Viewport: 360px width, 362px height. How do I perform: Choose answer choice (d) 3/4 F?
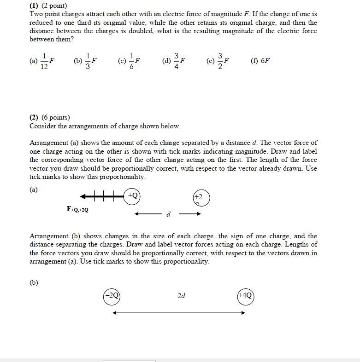[x=174, y=61]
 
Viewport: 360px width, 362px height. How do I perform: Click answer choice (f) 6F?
[x=260, y=61]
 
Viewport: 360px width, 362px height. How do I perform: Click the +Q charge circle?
[x=132, y=196]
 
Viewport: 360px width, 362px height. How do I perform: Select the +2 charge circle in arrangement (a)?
[x=201, y=198]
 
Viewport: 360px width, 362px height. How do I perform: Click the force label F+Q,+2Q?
[x=77, y=210]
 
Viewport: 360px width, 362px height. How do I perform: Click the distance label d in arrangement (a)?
[x=168, y=214]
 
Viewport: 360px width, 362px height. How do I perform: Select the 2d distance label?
[x=181, y=296]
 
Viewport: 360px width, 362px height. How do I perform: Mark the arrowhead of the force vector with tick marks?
[x=83, y=197]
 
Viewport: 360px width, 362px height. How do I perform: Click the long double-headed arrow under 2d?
[x=179, y=313]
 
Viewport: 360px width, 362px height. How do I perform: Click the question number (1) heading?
[x=35, y=6]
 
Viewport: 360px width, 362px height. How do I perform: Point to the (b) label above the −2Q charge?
[x=34, y=282]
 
